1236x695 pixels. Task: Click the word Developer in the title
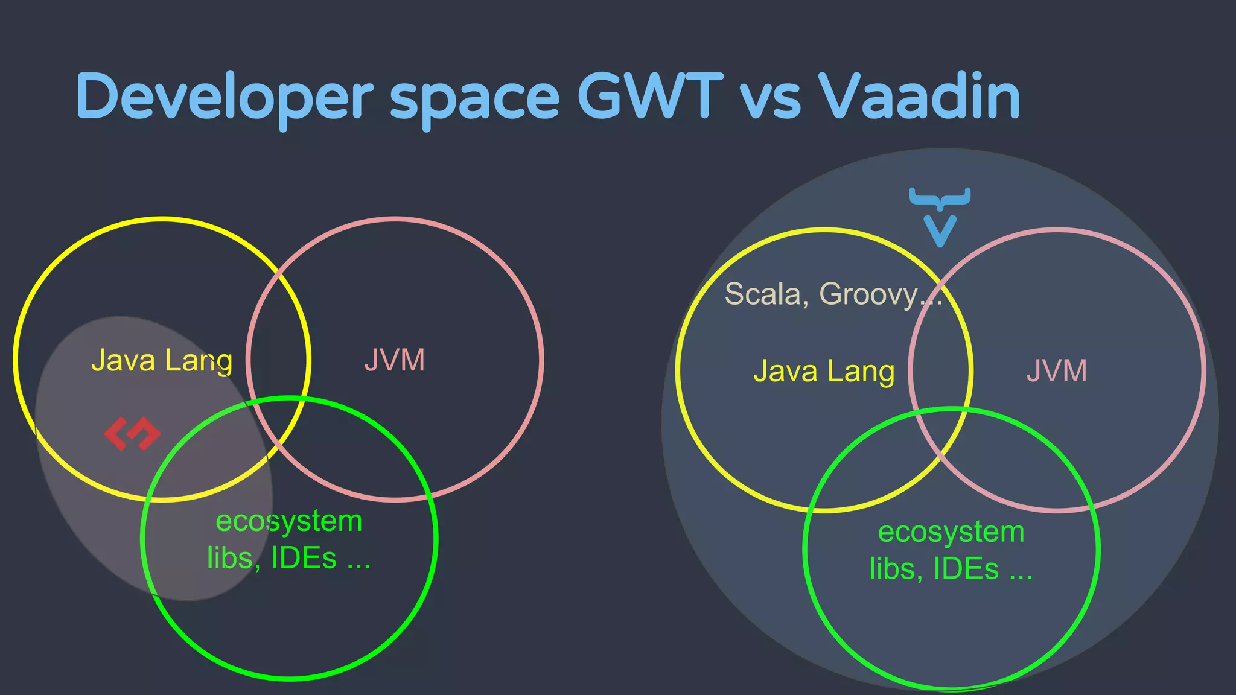coord(225,97)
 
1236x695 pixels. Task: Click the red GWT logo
coord(132,434)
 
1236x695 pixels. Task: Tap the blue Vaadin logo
coord(940,216)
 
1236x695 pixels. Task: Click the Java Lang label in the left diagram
coord(162,361)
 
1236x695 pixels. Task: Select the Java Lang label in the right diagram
coord(824,371)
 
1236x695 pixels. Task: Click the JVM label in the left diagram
coord(395,361)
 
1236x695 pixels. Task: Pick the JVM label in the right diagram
coord(1057,371)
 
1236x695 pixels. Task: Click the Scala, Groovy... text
coord(833,294)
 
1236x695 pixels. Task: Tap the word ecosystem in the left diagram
coord(289,521)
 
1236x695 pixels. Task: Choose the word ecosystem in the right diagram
coord(951,532)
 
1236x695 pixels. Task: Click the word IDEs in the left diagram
coord(304,558)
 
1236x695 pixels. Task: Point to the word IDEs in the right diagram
coord(966,569)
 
